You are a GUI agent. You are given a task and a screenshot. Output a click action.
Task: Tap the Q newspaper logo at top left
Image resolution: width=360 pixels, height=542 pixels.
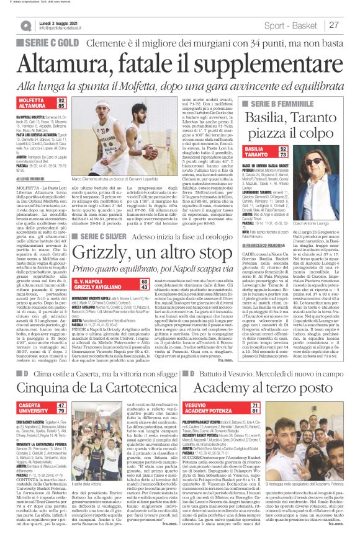[x=26, y=25]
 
